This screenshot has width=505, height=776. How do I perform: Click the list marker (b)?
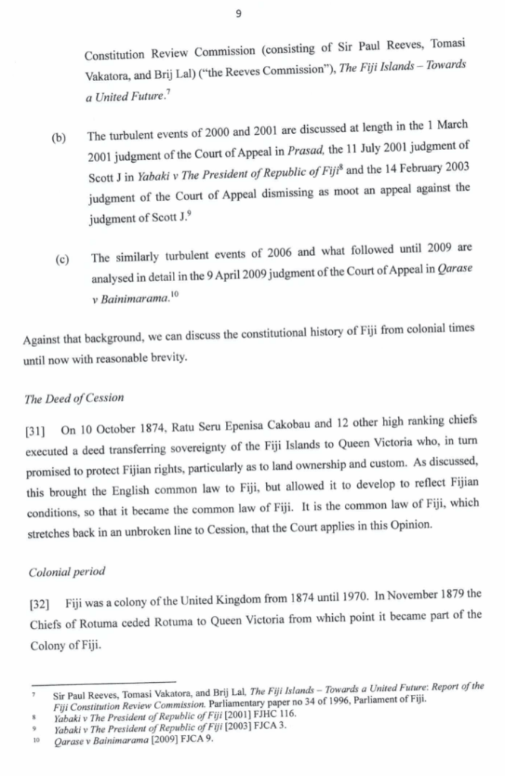click(58, 139)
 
